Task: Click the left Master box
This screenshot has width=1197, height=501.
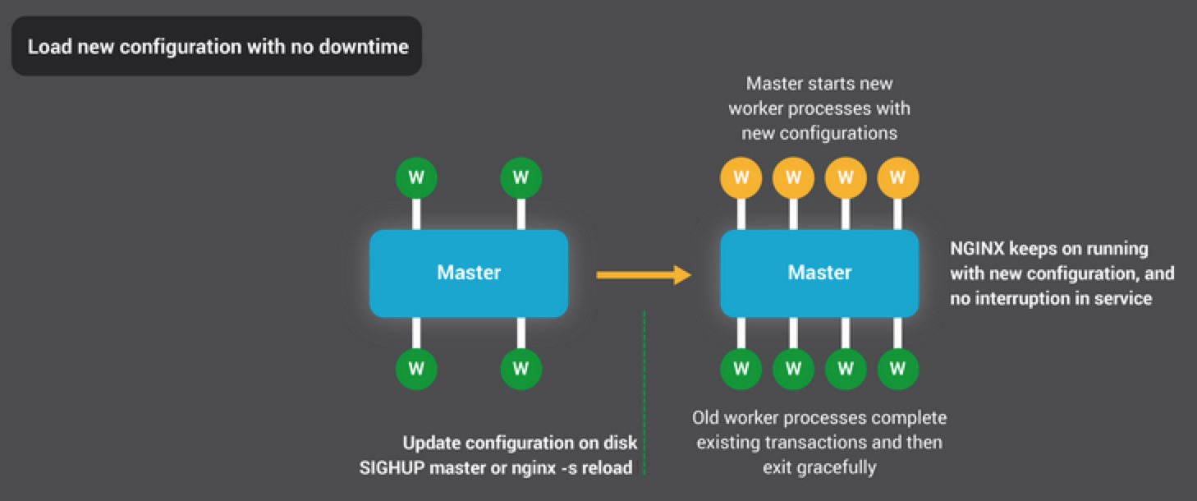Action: tap(469, 273)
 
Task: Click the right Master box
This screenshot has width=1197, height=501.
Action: tap(819, 273)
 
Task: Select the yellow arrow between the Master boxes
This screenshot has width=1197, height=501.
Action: tap(644, 275)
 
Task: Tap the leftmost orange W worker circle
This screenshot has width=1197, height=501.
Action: tap(741, 177)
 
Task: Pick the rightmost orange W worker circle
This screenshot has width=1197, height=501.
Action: tap(898, 177)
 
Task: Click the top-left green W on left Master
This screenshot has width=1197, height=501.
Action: tap(416, 177)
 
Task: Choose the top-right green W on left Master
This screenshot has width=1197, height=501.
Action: tap(521, 177)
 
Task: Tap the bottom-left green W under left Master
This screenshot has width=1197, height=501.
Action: tap(416, 369)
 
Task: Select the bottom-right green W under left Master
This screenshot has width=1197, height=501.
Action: tap(521, 369)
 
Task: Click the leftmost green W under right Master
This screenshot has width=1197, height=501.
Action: tap(741, 369)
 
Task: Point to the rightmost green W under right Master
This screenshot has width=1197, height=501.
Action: tap(898, 369)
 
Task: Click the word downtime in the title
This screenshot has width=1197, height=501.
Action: tap(364, 47)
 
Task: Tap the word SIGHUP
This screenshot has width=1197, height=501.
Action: tap(392, 468)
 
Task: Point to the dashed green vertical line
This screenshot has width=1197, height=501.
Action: tap(644, 393)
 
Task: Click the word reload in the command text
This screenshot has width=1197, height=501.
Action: tap(607, 468)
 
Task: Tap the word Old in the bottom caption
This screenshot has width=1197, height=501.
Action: tap(705, 417)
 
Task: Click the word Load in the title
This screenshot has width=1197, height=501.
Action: tap(50, 47)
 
